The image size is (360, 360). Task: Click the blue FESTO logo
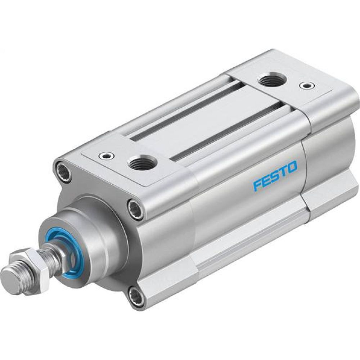[x=275, y=176]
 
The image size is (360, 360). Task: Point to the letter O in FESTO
[x=292, y=167]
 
